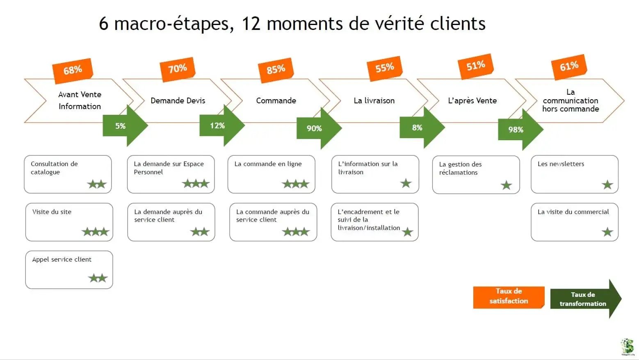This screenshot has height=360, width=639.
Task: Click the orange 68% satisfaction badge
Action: click(x=73, y=70)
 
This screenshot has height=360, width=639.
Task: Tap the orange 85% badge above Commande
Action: click(x=276, y=69)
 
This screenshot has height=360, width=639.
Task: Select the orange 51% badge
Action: click(x=475, y=65)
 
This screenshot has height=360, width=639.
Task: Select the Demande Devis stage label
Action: click(x=178, y=100)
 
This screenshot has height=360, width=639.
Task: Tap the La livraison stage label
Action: click(x=374, y=100)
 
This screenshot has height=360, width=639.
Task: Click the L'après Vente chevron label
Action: click(x=472, y=100)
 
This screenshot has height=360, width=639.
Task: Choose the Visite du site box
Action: click(x=69, y=222)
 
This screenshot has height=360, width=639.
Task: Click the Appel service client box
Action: click(x=69, y=269)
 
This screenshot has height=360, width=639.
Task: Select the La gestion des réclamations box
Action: click(x=476, y=174)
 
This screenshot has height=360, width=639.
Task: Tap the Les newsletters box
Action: click(x=574, y=174)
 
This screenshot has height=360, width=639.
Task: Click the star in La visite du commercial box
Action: click(x=607, y=232)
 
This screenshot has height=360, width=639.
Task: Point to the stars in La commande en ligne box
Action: click(x=295, y=184)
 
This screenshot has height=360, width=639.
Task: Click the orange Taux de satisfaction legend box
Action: click(x=509, y=296)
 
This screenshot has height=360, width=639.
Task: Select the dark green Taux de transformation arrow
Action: click(x=584, y=299)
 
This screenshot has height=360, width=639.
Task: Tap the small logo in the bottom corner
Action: click(x=627, y=346)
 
